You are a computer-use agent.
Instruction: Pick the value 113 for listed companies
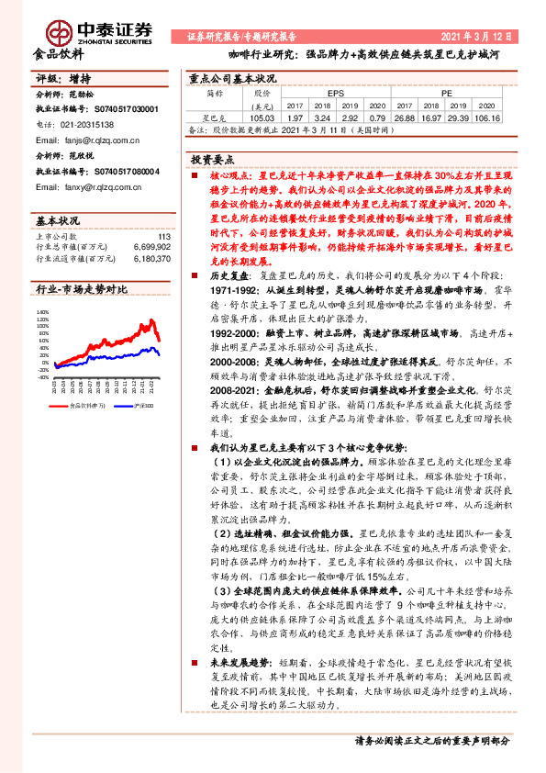164,238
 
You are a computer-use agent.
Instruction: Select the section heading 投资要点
214,160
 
